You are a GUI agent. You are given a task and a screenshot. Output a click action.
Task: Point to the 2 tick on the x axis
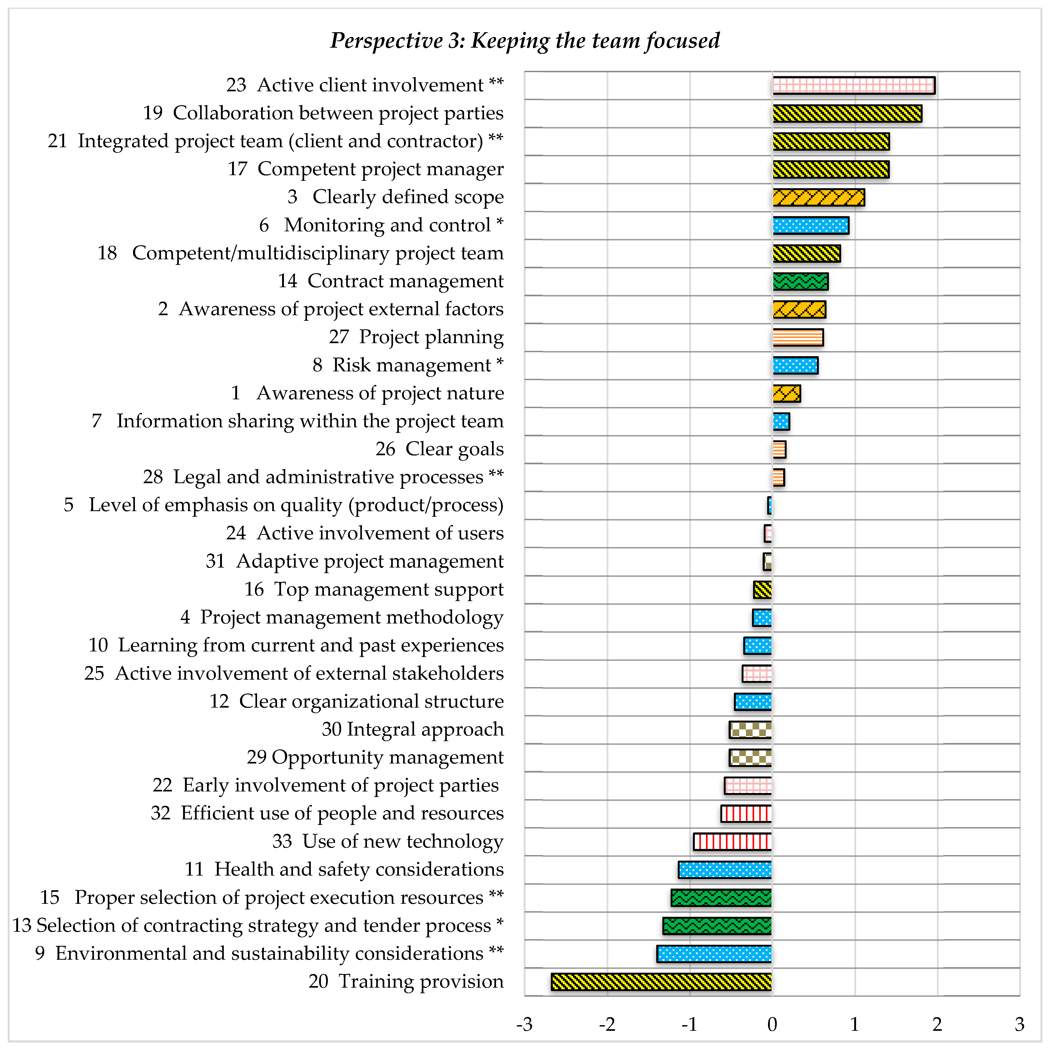(937, 1024)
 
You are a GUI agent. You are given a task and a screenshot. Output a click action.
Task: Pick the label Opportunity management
(387, 757)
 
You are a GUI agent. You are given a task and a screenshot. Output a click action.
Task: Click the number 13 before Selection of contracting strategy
(22, 925)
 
